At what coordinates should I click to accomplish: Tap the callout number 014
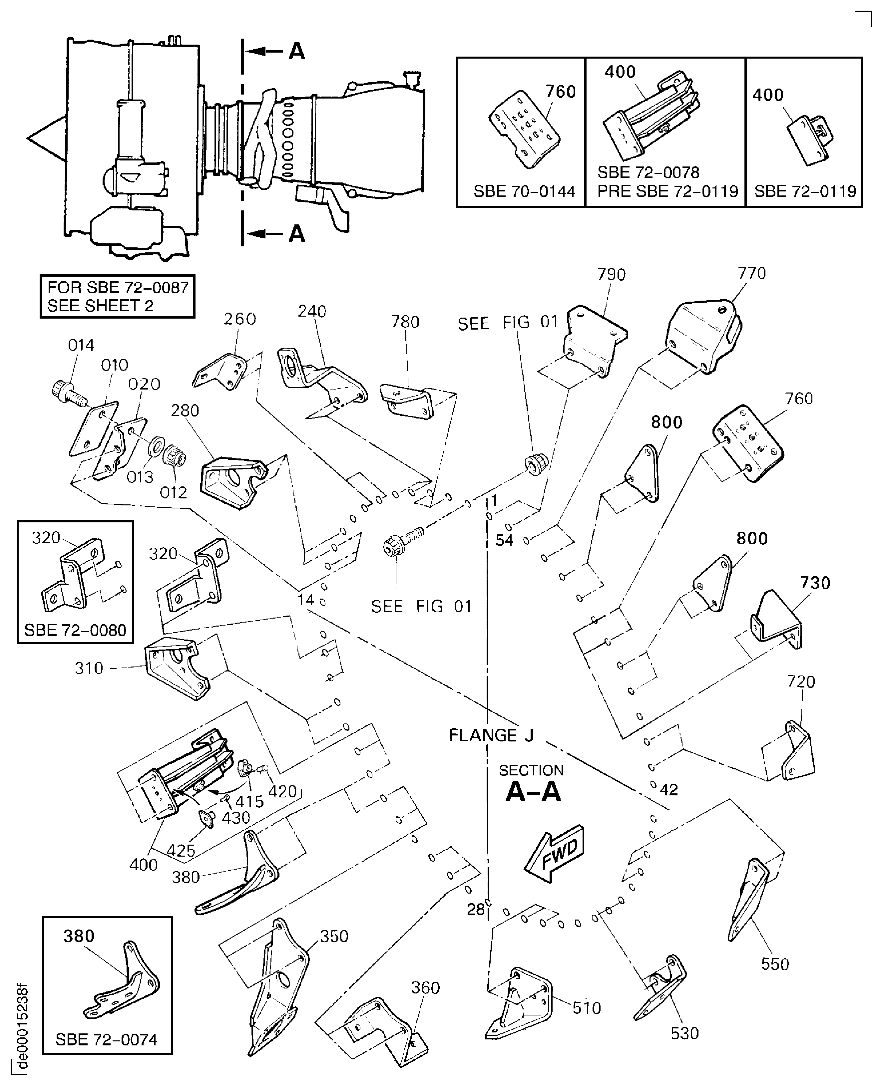[x=81, y=345]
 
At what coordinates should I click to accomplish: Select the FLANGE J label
[x=491, y=735]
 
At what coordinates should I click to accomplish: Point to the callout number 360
[x=425, y=988]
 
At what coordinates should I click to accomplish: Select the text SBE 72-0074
[x=106, y=1040]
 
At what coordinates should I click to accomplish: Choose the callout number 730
[x=815, y=583]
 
